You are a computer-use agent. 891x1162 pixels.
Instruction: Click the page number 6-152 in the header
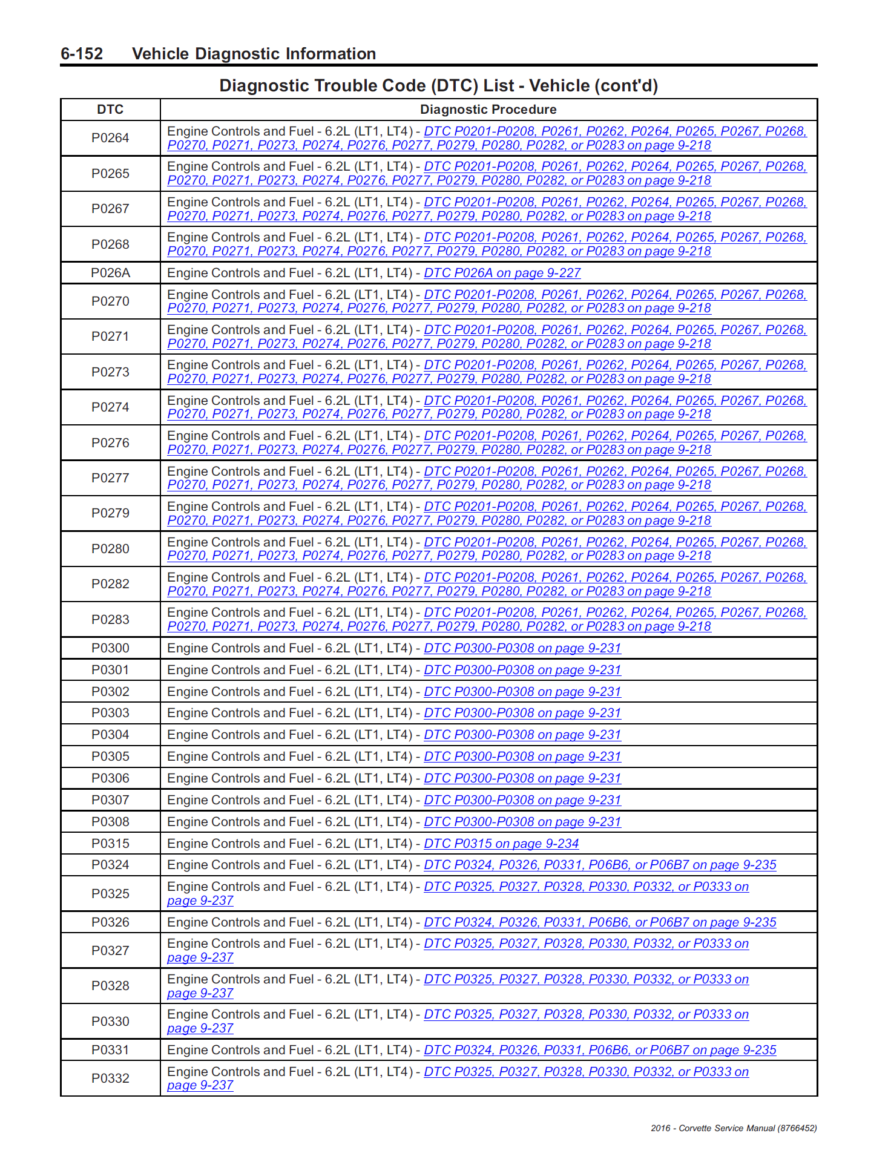[82, 54]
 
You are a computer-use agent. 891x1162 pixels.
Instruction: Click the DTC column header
[110, 110]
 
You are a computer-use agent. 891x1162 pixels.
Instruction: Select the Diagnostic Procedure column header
[488, 110]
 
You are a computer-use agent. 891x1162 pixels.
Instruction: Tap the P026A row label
[110, 273]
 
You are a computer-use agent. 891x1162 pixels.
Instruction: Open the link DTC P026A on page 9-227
[502, 273]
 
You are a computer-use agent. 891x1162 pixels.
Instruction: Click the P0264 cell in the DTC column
[110, 138]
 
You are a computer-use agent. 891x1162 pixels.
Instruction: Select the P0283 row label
[110, 619]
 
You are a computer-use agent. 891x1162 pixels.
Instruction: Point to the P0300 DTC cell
[110, 648]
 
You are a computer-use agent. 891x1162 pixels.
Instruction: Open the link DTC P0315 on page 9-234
[501, 844]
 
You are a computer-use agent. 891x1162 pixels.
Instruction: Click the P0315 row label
[110, 844]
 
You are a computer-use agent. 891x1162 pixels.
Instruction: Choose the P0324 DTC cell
[110, 865]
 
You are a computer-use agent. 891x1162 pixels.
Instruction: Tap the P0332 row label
[110, 1078]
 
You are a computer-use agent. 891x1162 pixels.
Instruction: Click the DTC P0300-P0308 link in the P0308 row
[522, 822]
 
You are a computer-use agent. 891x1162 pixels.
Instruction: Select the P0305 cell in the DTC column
[110, 757]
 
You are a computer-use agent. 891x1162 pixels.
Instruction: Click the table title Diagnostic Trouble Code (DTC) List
[438, 86]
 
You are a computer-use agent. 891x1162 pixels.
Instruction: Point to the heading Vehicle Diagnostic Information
[254, 54]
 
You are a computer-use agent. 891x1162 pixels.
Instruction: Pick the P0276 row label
[110, 443]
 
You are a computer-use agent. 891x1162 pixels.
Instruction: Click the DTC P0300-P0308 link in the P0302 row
[522, 692]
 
